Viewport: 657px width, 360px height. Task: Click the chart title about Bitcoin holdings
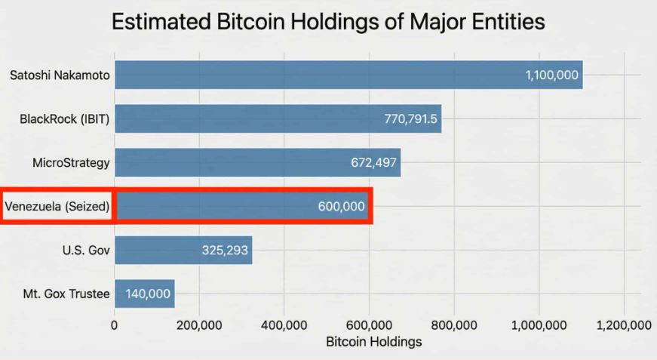[x=328, y=22]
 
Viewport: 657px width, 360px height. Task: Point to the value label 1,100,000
[x=551, y=75]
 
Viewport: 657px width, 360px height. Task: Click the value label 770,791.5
[x=410, y=118]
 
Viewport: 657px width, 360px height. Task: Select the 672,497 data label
[x=373, y=162]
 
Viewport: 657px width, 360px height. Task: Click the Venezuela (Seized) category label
[x=57, y=206]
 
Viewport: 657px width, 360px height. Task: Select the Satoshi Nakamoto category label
[x=60, y=75]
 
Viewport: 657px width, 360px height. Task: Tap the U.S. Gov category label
[x=86, y=250]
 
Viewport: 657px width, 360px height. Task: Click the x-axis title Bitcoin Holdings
[x=373, y=342]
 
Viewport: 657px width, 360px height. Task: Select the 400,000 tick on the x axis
[x=284, y=325]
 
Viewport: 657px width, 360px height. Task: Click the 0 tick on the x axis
[x=115, y=325]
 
